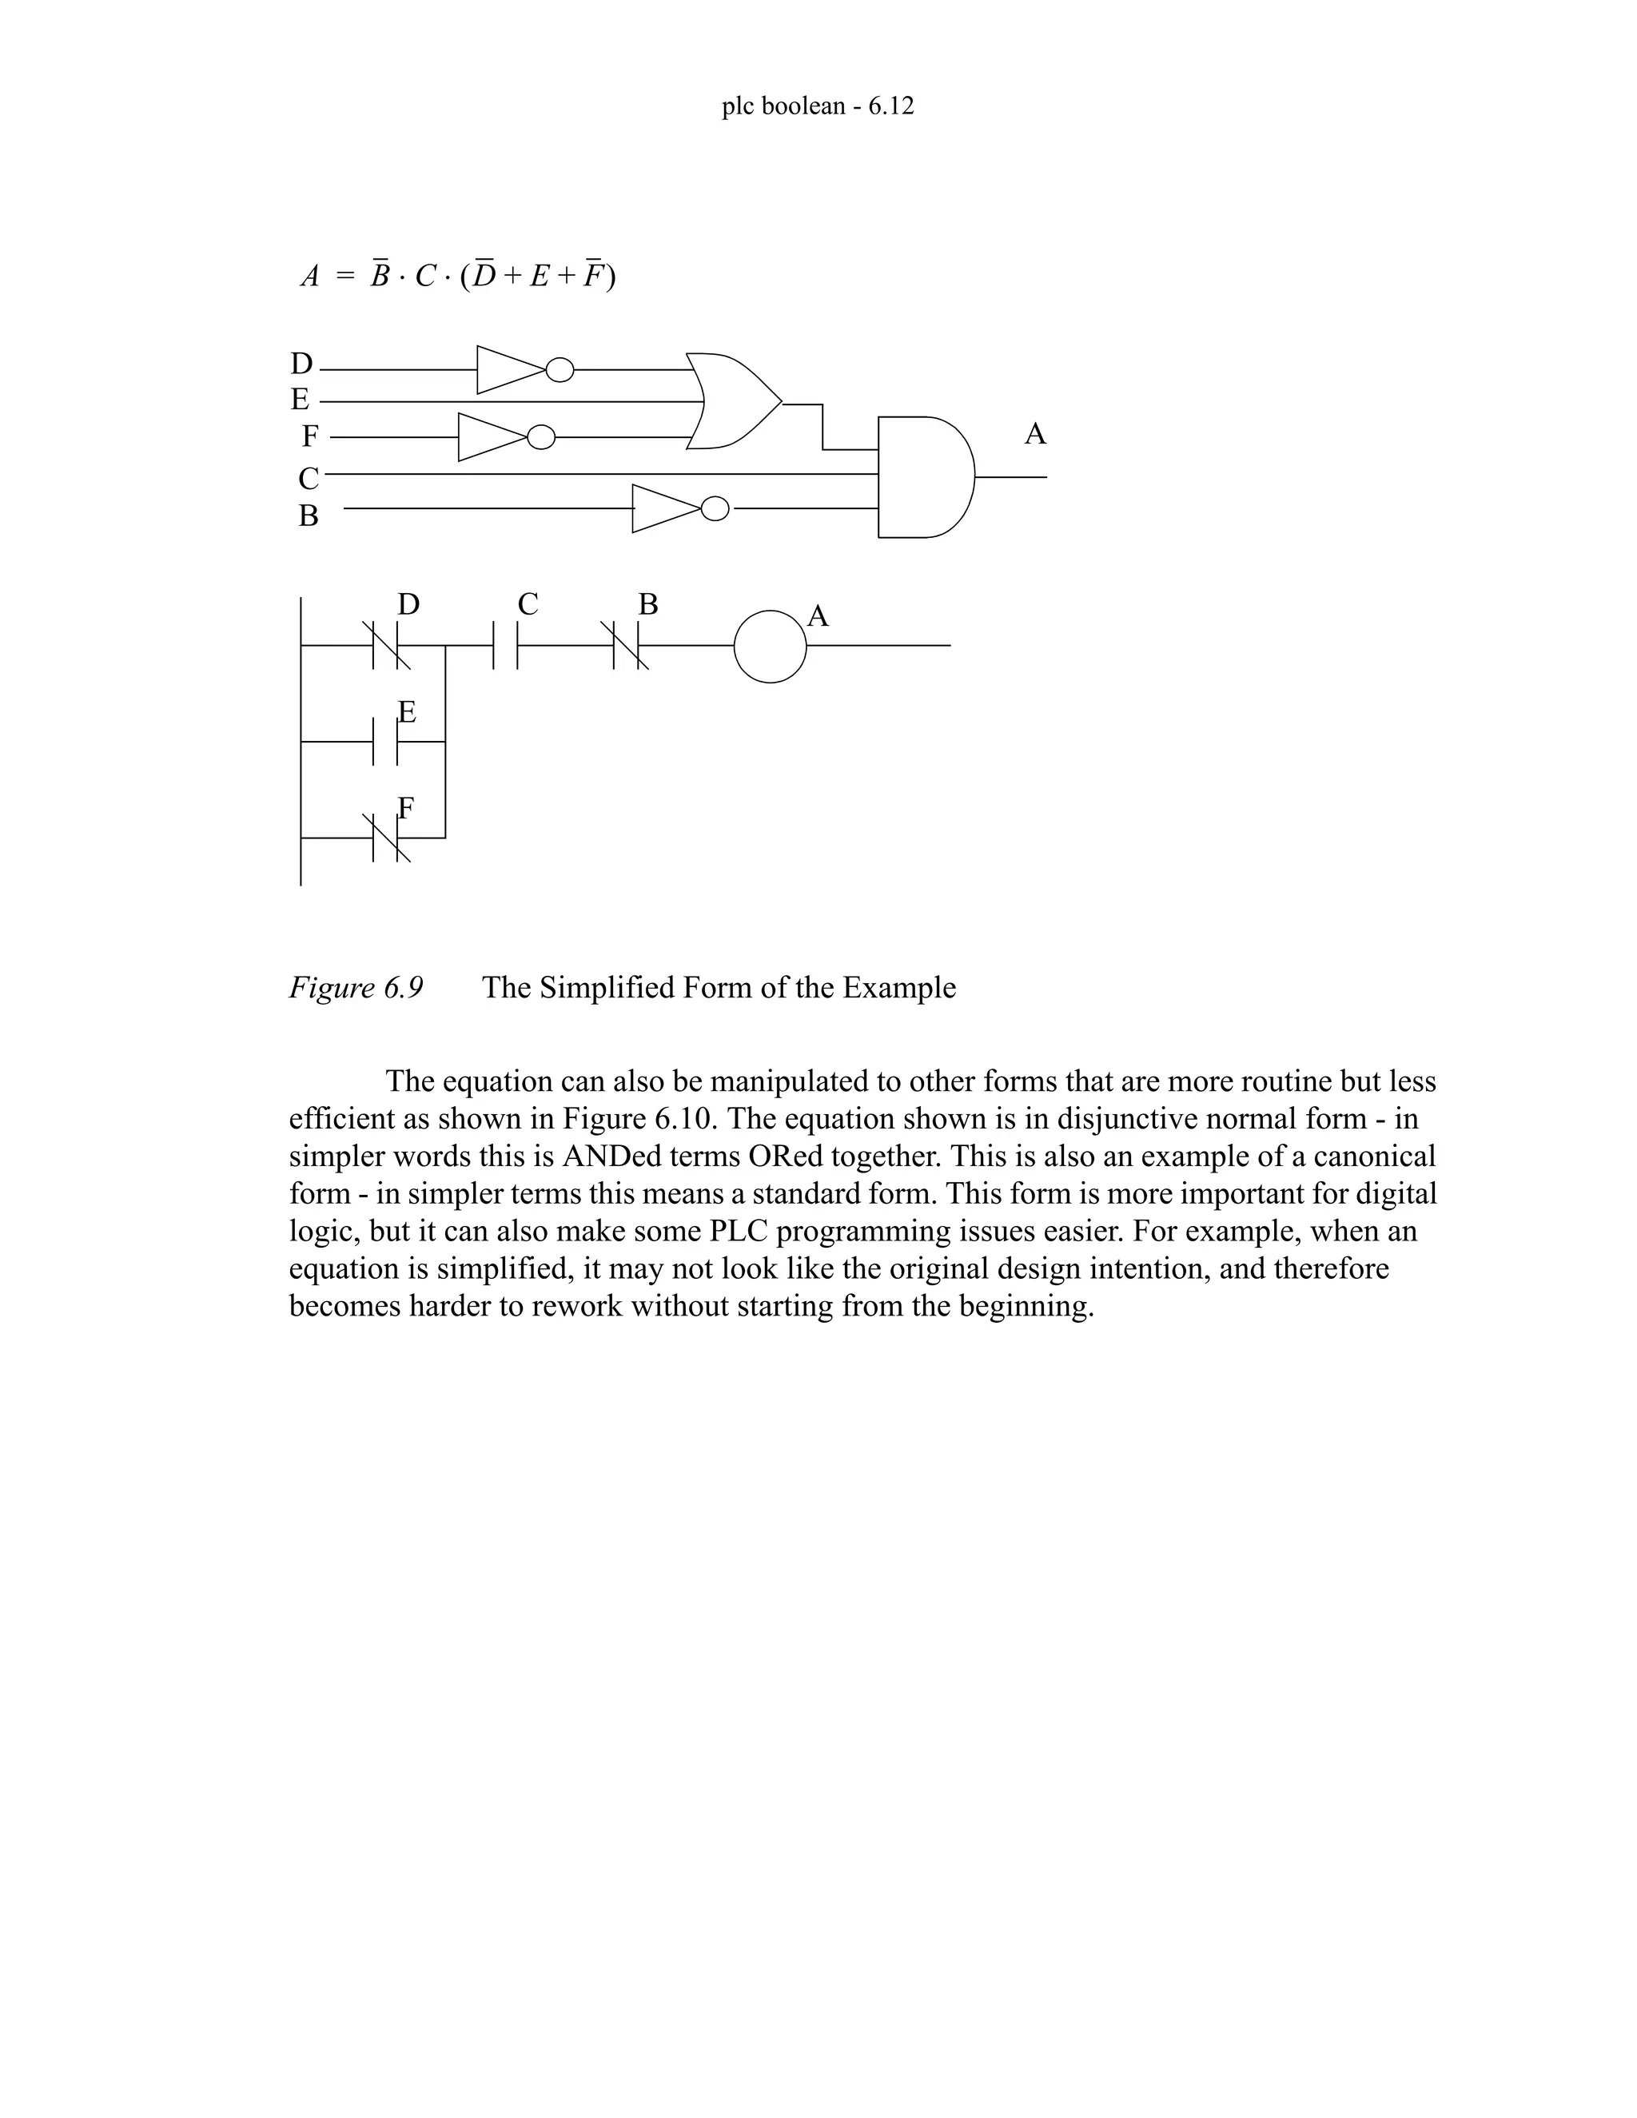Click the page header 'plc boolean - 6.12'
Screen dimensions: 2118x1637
coord(818,106)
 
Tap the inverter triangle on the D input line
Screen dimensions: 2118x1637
coord(509,369)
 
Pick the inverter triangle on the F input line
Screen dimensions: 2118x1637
coord(491,437)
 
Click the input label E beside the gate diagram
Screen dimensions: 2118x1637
coord(301,400)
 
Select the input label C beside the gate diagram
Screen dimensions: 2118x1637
coord(309,478)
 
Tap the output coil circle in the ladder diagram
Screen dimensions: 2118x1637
coord(770,646)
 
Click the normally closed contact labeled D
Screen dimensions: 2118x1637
coord(386,645)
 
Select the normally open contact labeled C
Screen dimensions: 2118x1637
coord(505,645)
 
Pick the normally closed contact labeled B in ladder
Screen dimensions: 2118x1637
coord(627,645)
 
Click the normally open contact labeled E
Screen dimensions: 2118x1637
coord(386,742)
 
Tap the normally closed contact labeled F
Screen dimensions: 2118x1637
coord(386,837)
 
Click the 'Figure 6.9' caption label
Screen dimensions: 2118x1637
coord(356,987)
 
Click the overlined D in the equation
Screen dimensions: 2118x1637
coord(484,277)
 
